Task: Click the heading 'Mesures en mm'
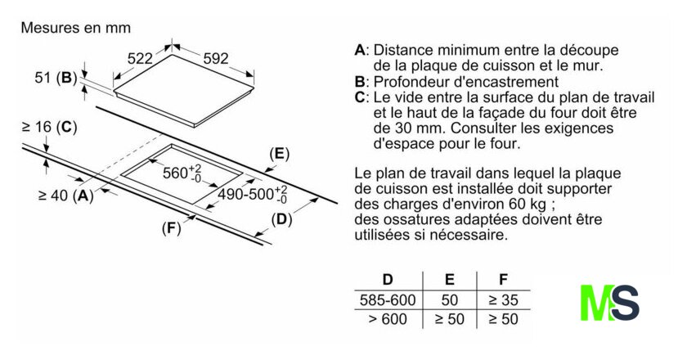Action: pos(75,28)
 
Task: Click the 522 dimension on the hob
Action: pos(141,58)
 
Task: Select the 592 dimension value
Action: pos(214,58)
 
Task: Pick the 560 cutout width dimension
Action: pos(180,173)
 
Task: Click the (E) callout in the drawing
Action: pos(280,154)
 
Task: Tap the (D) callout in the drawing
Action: pos(281,218)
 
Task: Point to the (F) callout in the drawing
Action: pos(170,228)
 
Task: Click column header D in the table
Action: pos(388,280)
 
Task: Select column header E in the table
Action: pos(449,280)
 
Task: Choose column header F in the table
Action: pos(502,280)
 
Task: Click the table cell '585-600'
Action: pos(388,299)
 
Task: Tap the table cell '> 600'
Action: pos(388,319)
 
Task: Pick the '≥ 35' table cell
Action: pos(502,299)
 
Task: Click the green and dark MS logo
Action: pos(608,302)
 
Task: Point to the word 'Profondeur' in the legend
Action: pos(415,82)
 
